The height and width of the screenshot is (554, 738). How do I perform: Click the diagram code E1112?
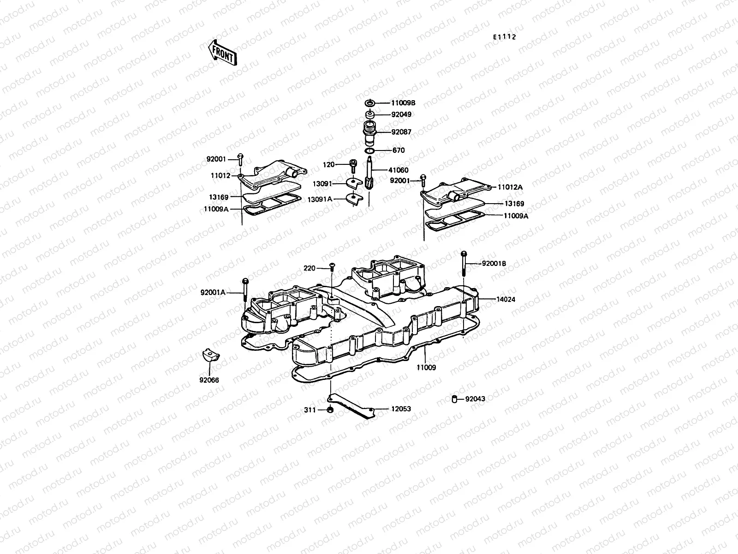pyautogui.click(x=504, y=37)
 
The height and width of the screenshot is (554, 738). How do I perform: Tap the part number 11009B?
pyautogui.click(x=404, y=103)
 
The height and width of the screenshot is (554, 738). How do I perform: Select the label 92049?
pyautogui.click(x=401, y=114)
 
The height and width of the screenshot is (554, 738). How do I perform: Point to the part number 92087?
pyautogui.click(x=401, y=132)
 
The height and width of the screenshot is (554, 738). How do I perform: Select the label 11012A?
pyautogui.click(x=510, y=187)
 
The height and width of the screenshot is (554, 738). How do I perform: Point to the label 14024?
pyautogui.click(x=506, y=299)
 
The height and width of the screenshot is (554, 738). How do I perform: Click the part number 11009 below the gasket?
pyautogui.click(x=426, y=368)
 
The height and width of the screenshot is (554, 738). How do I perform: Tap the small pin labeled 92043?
pyautogui.click(x=454, y=399)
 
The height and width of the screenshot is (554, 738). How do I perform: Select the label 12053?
pyautogui.click(x=401, y=409)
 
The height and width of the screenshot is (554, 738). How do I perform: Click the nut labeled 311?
pyautogui.click(x=329, y=410)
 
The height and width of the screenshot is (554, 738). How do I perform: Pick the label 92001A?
pyautogui.click(x=213, y=292)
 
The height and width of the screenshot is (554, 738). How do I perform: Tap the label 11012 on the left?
pyautogui.click(x=220, y=176)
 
